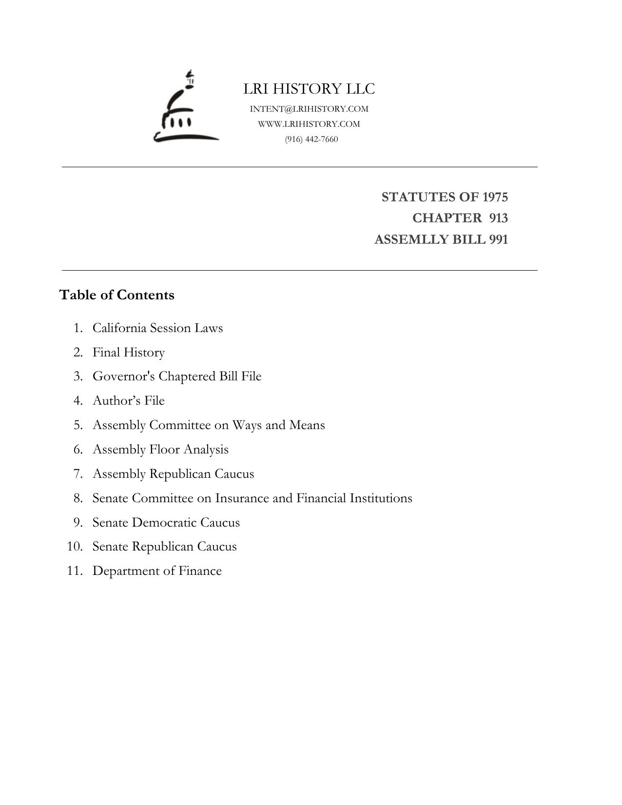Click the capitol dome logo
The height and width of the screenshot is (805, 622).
point(185,108)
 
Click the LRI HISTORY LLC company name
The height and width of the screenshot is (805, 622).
point(309,89)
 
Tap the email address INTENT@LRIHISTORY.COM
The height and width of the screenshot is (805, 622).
point(309,109)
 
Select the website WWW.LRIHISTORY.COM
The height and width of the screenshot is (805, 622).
point(309,124)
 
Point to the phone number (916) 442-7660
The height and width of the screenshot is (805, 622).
point(311,139)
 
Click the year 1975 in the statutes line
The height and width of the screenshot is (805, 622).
point(495,197)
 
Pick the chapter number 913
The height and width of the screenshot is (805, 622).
point(498,218)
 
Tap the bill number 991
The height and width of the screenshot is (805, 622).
point(498,239)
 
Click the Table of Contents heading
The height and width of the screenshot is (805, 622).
point(117,295)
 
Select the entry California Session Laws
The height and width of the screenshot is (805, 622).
point(157,328)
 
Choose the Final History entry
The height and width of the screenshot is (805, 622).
point(129,352)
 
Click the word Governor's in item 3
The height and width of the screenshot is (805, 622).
point(124,376)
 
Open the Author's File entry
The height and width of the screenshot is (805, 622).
point(129,400)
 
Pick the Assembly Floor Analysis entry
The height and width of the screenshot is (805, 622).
point(160,449)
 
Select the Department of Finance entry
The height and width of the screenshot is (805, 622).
point(157,570)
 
